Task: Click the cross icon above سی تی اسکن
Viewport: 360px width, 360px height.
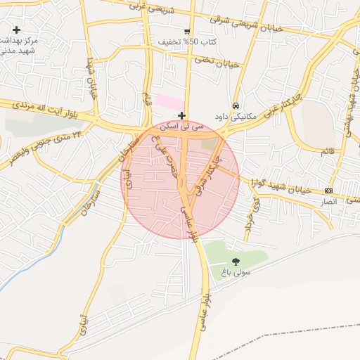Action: [x=182, y=115]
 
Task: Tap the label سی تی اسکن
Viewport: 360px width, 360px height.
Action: [x=182, y=127]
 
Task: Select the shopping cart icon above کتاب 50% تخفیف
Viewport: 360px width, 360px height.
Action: [x=186, y=31]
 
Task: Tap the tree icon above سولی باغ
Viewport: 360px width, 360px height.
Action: [x=235, y=261]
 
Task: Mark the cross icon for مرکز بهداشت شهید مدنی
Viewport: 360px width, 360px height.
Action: [x=17, y=29]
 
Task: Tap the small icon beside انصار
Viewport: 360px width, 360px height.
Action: [x=328, y=191]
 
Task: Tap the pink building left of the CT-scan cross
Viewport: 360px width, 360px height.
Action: [x=169, y=102]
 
